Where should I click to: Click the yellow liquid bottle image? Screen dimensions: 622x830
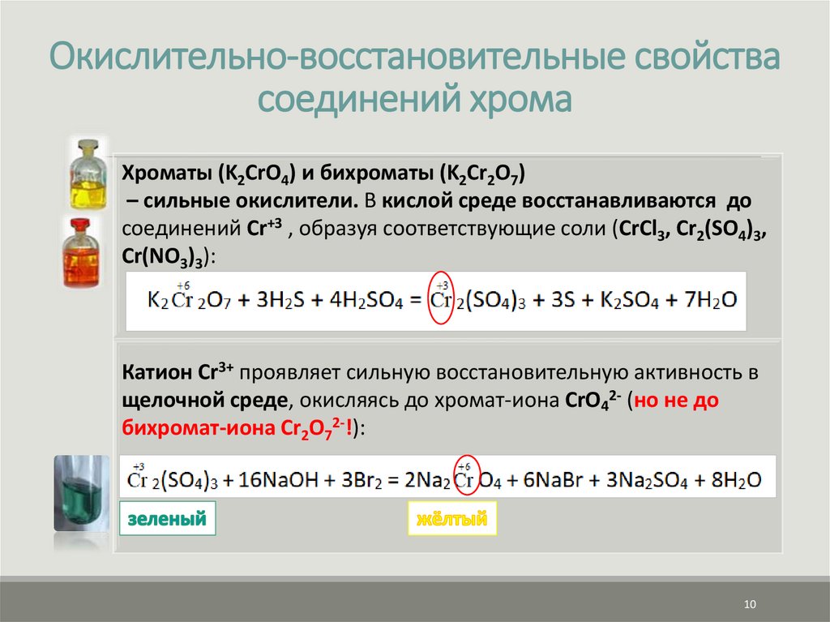(x=87, y=174)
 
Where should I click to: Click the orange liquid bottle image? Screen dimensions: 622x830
(x=87, y=252)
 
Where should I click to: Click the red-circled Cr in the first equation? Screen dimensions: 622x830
(x=441, y=299)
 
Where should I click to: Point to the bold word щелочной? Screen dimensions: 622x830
(x=160, y=401)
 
